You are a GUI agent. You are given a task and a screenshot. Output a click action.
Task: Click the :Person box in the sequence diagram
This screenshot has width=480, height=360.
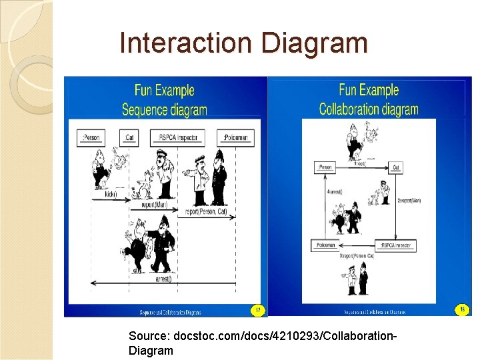[91, 138]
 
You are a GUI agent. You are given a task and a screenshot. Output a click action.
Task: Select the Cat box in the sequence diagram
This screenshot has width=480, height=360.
[129, 138]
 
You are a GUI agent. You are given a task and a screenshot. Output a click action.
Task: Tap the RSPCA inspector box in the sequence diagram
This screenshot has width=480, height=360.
[175, 138]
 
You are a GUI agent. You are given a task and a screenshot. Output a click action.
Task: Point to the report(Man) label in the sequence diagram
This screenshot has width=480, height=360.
[154, 205]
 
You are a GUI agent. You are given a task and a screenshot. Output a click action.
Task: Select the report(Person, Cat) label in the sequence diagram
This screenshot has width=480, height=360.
[207, 212]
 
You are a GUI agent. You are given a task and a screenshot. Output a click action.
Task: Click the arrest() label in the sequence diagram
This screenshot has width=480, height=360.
[163, 279]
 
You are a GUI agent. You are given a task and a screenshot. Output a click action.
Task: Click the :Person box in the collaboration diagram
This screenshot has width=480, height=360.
[325, 167]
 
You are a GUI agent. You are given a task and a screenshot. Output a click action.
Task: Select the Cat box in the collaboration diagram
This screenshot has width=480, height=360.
[395, 167]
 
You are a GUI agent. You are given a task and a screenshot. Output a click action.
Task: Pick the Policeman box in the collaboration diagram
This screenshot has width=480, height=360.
[326, 245]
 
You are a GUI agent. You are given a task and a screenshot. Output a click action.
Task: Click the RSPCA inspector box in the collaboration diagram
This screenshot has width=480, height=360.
[395, 245]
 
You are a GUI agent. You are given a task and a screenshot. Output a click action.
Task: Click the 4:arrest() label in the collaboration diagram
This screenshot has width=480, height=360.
[334, 191]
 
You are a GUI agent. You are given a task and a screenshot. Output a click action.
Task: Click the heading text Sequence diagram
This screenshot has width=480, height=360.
[164, 110]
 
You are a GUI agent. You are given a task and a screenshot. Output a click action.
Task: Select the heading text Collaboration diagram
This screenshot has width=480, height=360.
[369, 109]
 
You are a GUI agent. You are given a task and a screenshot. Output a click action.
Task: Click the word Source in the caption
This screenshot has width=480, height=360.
[147, 337]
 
